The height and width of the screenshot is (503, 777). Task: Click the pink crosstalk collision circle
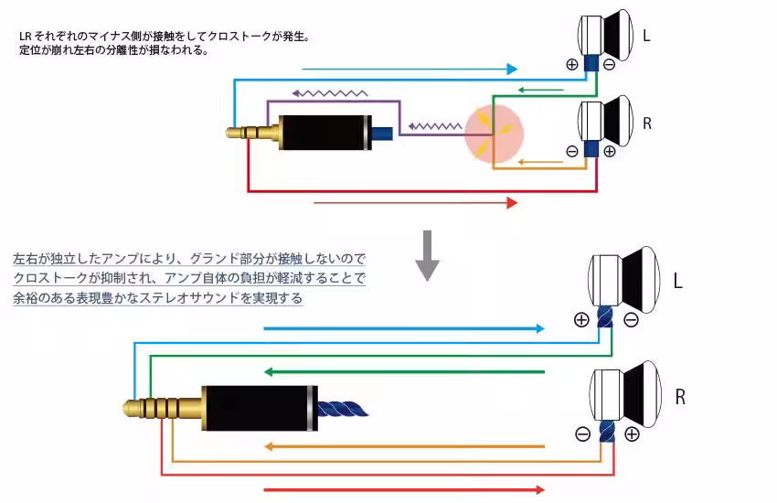(493, 134)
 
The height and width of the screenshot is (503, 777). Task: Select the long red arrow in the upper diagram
(415, 202)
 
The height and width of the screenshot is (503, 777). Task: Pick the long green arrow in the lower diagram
(402, 372)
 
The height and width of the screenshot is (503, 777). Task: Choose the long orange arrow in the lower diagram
(402, 447)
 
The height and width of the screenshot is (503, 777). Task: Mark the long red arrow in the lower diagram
(402, 489)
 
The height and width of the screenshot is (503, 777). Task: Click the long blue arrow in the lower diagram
(402, 327)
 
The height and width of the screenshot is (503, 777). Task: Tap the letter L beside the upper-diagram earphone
(646, 37)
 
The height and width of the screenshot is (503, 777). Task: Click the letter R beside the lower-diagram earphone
(680, 398)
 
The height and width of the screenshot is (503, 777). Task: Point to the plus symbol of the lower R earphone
(632, 434)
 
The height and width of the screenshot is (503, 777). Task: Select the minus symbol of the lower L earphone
(631, 320)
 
